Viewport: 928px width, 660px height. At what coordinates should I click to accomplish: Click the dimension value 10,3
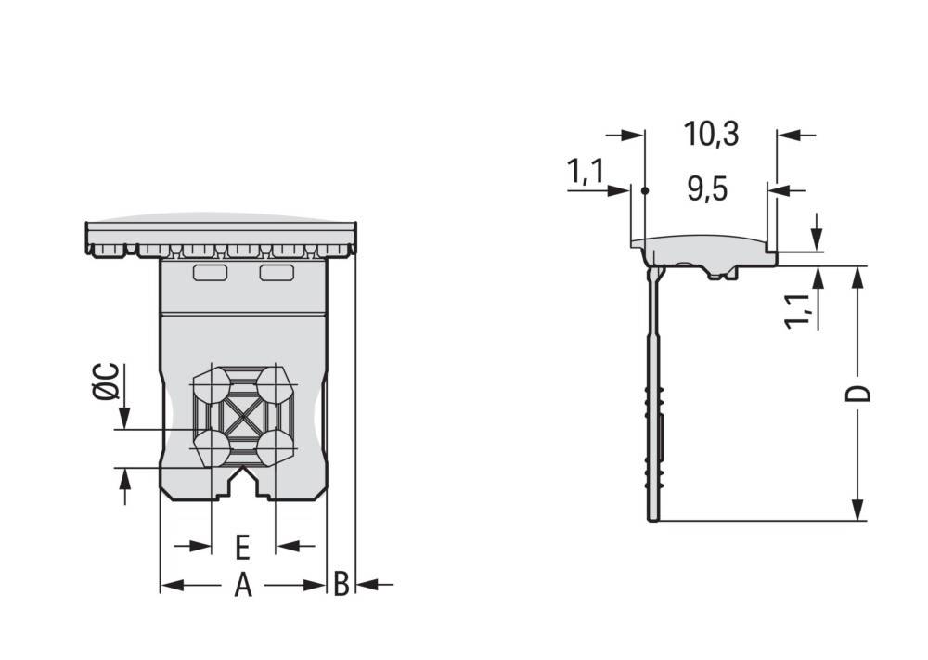[711, 134]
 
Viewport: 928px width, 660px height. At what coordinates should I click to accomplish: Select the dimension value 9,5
[707, 189]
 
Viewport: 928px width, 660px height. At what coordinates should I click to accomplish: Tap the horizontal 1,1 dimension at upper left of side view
[586, 172]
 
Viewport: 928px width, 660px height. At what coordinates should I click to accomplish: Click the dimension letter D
[857, 394]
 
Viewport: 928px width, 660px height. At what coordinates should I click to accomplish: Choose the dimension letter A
[242, 586]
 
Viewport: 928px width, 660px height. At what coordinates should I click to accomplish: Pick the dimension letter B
[341, 584]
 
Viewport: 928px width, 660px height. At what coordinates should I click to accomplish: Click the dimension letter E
[242, 548]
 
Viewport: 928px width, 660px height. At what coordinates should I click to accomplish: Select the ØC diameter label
[107, 382]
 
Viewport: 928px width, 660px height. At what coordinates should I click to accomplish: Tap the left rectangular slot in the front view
[211, 273]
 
